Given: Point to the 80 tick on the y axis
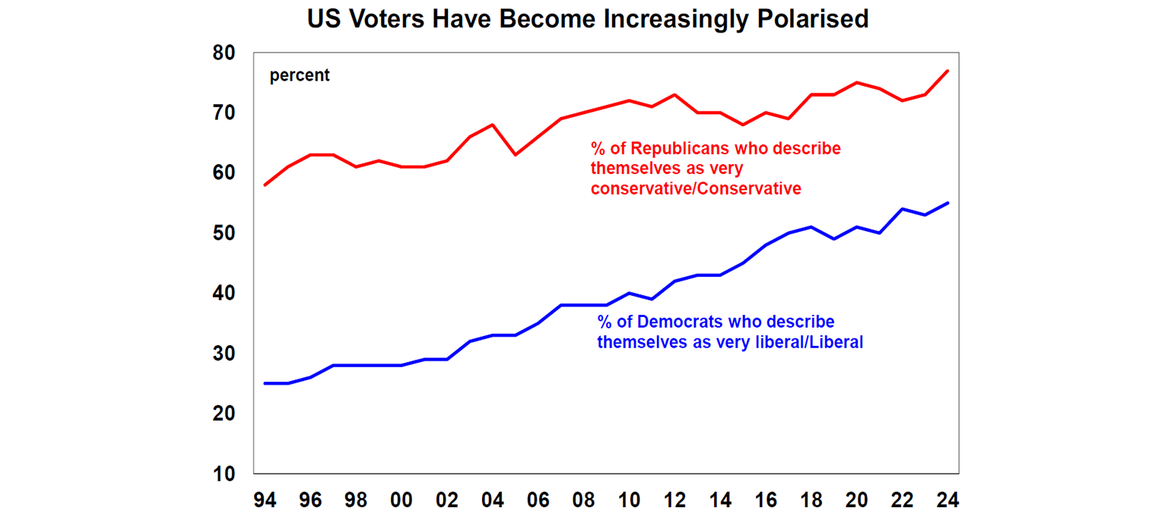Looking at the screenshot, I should pyautogui.click(x=226, y=53).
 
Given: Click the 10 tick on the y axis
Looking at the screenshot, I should pyautogui.click(x=226, y=474).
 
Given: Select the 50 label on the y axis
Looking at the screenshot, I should pyautogui.click(x=226, y=233).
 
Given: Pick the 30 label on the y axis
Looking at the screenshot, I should pyautogui.click(x=226, y=354).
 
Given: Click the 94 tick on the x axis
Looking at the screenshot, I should pyautogui.click(x=265, y=500).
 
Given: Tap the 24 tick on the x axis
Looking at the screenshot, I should pyautogui.click(x=947, y=500).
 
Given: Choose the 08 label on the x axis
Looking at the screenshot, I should pyautogui.click(x=583, y=500).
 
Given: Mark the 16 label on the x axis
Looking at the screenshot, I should pyautogui.click(x=766, y=500).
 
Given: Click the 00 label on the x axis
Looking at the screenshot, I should pyautogui.click(x=401, y=500).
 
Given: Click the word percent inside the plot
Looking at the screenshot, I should pyautogui.click(x=300, y=75).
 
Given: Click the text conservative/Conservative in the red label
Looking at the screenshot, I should pyautogui.click(x=696, y=189).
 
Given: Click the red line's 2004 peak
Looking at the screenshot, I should pyautogui.click(x=493, y=125).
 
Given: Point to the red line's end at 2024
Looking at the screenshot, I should pyautogui.click(x=947, y=71).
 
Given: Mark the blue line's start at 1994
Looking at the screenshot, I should pyautogui.click(x=265, y=383).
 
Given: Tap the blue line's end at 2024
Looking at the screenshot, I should pyautogui.click(x=947, y=203).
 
